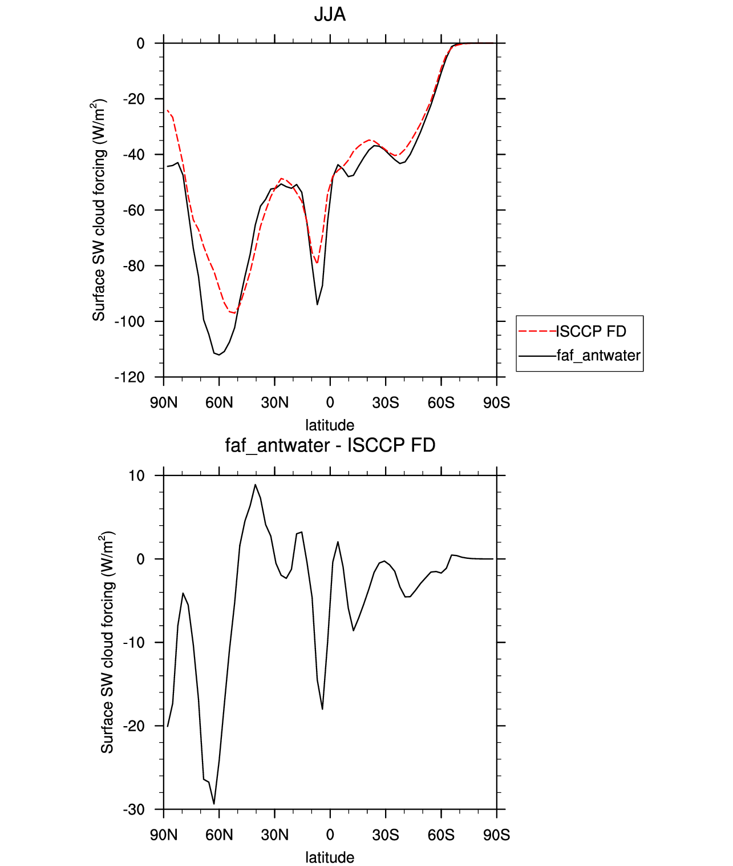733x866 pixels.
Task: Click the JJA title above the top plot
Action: click(x=330, y=14)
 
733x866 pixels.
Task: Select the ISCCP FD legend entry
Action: click(x=591, y=331)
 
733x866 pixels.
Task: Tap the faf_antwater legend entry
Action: click(x=598, y=356)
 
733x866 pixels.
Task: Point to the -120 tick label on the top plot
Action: click(x=129, y=377)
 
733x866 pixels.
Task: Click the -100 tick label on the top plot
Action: click(x=129, y=321)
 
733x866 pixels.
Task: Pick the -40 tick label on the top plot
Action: click(x=133, y=155)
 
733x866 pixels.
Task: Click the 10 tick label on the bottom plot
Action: click(x=137, y=476)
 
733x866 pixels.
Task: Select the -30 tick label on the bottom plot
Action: click(x=133, y=809)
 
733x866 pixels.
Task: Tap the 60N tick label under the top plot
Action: click(x=220, y=403)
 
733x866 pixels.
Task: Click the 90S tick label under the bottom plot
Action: click(x=496, y=835)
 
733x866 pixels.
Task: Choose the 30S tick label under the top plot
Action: click(x=386, y=403)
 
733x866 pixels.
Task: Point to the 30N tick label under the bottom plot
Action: click(x=275, y=835)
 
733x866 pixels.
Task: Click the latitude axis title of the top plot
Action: click(x=330, y=425)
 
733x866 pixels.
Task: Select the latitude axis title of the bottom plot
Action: click(x=330, y=857)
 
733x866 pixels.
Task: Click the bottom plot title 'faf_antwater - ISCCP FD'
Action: click(x=330, y=445)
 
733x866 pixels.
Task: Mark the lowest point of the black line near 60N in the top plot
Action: click(x=219, y=355)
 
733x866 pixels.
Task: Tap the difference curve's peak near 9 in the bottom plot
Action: click(x=255, y=485)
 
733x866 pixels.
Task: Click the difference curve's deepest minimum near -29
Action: click(x=214, y=804)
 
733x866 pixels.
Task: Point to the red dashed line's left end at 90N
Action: click(x=167, y=110)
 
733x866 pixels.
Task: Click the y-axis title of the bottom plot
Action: click(x=107, y=642)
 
